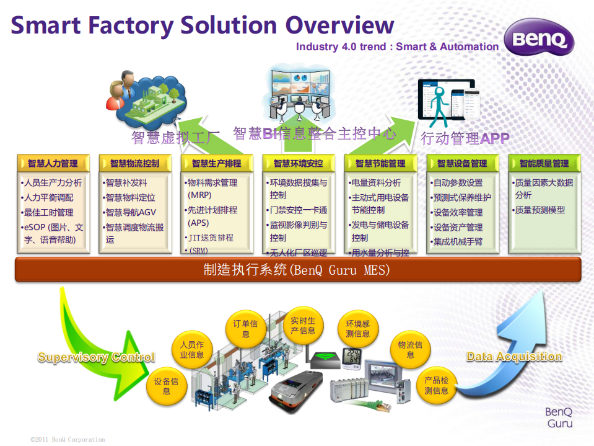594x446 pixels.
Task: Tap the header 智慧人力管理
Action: (53, 163)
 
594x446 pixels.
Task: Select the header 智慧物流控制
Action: (134, 163)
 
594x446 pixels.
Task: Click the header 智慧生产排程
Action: (216, 163)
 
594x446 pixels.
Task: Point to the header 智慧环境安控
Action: (298, 163)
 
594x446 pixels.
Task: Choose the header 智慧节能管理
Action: (380, 163)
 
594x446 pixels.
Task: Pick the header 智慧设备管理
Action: (462, 163)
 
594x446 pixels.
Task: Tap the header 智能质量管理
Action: (544, 163)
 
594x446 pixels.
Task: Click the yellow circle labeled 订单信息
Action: (245, 329)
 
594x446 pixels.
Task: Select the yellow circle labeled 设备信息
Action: (167, 386)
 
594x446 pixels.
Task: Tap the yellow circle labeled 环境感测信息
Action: (357, 329)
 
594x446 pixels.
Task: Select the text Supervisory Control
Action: (96, 357)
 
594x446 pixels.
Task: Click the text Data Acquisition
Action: (514, 357)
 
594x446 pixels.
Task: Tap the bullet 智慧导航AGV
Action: (131, 212)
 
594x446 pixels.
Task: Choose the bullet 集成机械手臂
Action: (458, 242)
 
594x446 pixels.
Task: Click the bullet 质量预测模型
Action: (539, 210)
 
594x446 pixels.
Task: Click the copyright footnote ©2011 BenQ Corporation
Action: (68, 439)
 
